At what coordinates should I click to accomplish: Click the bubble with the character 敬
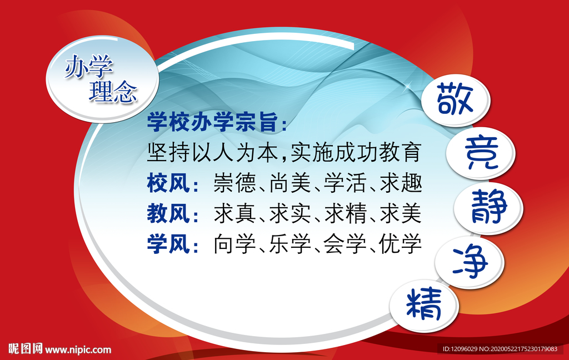point(455,99)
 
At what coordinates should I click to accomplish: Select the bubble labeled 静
point(488,208)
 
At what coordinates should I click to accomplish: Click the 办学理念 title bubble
point(102,79)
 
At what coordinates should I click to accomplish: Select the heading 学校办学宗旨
point(212,122)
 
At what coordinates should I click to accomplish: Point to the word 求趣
point(401,183)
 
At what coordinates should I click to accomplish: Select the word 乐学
point(290,243)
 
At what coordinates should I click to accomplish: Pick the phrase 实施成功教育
point(356,153)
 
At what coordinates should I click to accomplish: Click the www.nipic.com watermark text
point(78,350)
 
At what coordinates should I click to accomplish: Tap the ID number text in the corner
point(500,349)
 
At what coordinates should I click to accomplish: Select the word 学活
point(345,183)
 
